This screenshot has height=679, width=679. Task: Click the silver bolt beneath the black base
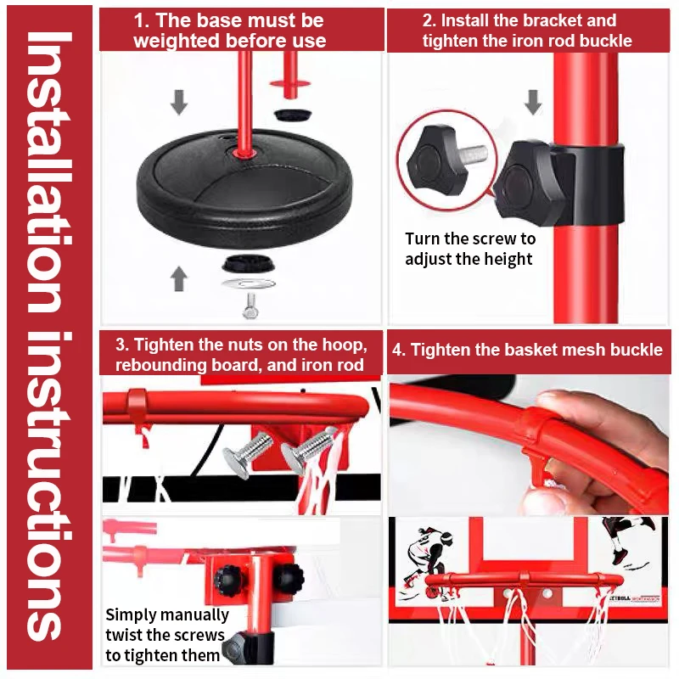pos(250,306)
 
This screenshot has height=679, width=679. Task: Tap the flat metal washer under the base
pos(249,284)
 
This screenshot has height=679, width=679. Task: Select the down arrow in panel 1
pos(179,102)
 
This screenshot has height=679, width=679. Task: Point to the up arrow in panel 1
pos(179,278)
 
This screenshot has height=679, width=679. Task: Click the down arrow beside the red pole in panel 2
pos(533,102)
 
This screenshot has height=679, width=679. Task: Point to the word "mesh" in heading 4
pos(581,350)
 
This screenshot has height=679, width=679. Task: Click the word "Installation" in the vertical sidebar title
pos(48,172)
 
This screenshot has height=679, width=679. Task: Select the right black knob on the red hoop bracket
pos(290,578)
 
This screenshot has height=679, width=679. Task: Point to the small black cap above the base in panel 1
pos(292,115)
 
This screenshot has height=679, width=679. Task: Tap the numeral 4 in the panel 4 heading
pos(397,350)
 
